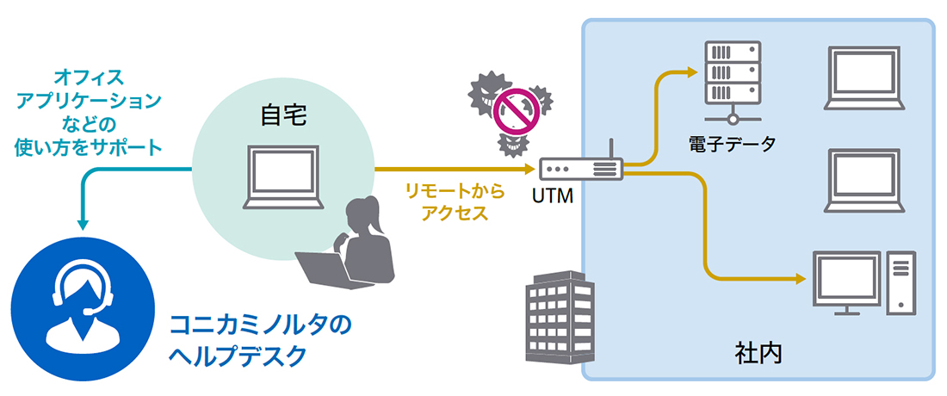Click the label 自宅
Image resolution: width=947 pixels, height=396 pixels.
[x=283, y=115]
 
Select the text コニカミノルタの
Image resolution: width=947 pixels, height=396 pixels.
[x=262, y=325]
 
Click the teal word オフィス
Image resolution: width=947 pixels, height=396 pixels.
[x=89, y=77]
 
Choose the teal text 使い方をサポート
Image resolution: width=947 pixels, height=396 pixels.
[x=89, y=146]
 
